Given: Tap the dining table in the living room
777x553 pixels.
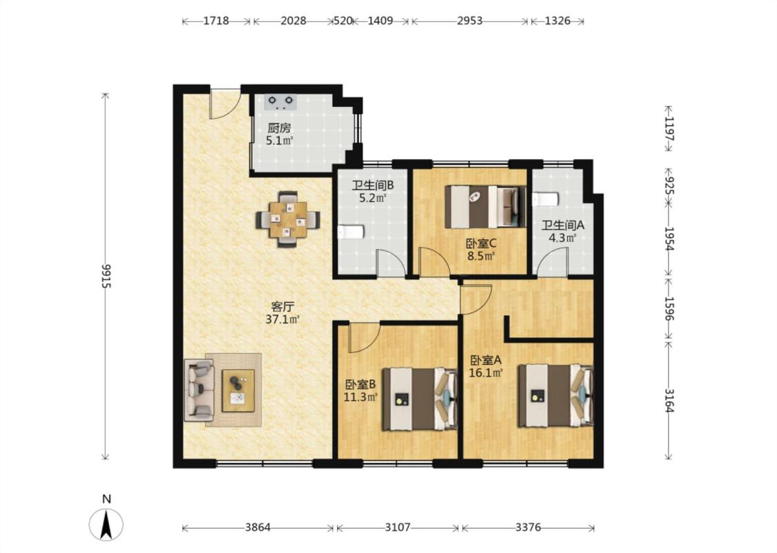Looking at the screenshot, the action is pyautogui.click(x=288, y=219).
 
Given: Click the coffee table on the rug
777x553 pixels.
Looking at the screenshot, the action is pyautogui.click(x=238, y=391).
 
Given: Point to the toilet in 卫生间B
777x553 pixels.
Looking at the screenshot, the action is pyautogui.click(x=352, y=232).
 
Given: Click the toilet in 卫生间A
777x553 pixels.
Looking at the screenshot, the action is pyautogui.click(x=546, y=199).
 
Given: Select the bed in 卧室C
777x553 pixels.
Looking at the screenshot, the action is pyautogui.click(x=486, y=206).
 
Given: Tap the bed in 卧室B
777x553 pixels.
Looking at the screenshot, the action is pyautogui.click(x=419, y=399).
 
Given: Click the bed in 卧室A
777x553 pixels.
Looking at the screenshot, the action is pyautogui.click(x=555, y=395).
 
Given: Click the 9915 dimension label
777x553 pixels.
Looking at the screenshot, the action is pyautogui.click(x=106, y=276).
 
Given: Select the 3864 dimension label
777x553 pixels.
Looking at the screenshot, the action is pyautogui.click(x=258, y=527).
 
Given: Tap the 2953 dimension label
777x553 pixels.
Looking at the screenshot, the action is pyautogui.click(x=470, y=21).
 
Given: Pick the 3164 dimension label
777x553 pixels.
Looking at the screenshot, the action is pyautogui.click(x=669, y=400).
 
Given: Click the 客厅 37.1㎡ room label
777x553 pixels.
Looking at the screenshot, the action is pyautogui.click(x=282, y=313).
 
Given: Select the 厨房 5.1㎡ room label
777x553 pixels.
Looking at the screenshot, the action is pyautogui.click(x=280, y=134).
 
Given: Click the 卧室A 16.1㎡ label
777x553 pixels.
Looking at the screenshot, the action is pyautogui.click(x=486, y=366).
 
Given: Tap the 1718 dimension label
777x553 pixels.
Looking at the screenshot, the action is pyautogui.click(x=216, y=21).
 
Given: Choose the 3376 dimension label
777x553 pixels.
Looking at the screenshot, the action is pyautogui.click(x=528, y=527).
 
